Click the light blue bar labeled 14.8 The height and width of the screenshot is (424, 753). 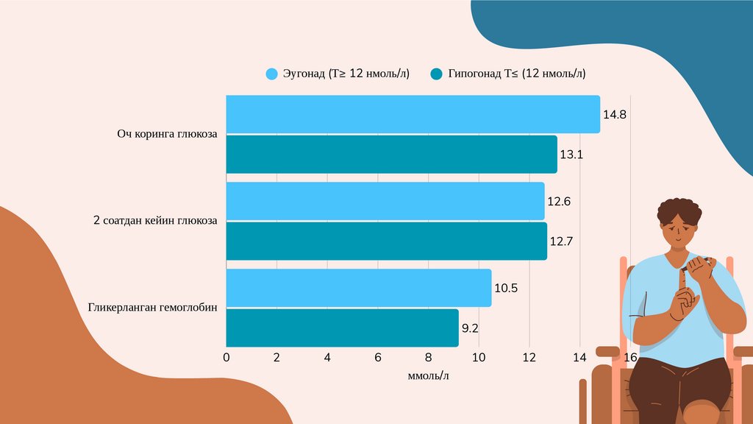click(412, 114)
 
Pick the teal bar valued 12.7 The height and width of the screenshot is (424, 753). click(386, 241)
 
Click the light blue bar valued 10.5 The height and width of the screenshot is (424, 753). click(358, 288)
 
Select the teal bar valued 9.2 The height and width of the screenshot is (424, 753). click(342, 328)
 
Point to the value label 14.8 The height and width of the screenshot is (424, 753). click(614, 115)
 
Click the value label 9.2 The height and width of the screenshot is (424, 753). click(470, 328)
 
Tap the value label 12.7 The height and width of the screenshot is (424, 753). click(560, 241)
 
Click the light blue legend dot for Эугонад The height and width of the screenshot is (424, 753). click(272, 74)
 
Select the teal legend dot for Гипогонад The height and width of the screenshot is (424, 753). click(437, 74)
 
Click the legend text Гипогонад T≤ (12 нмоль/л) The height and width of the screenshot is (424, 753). click(516, 74)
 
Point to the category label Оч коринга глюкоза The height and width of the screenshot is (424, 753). click(167, 134)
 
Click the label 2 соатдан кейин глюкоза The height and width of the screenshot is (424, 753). click(155, 221)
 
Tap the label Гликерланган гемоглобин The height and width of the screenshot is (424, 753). click(153, 308)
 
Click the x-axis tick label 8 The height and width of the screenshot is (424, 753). click(428, 358)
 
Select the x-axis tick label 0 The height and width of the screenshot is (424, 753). click(226, 358)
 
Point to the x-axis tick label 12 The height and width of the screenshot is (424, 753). click(529, 358)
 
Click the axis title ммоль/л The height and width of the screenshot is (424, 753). click(428, 376)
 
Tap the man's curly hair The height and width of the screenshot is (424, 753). click(679, 210)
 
